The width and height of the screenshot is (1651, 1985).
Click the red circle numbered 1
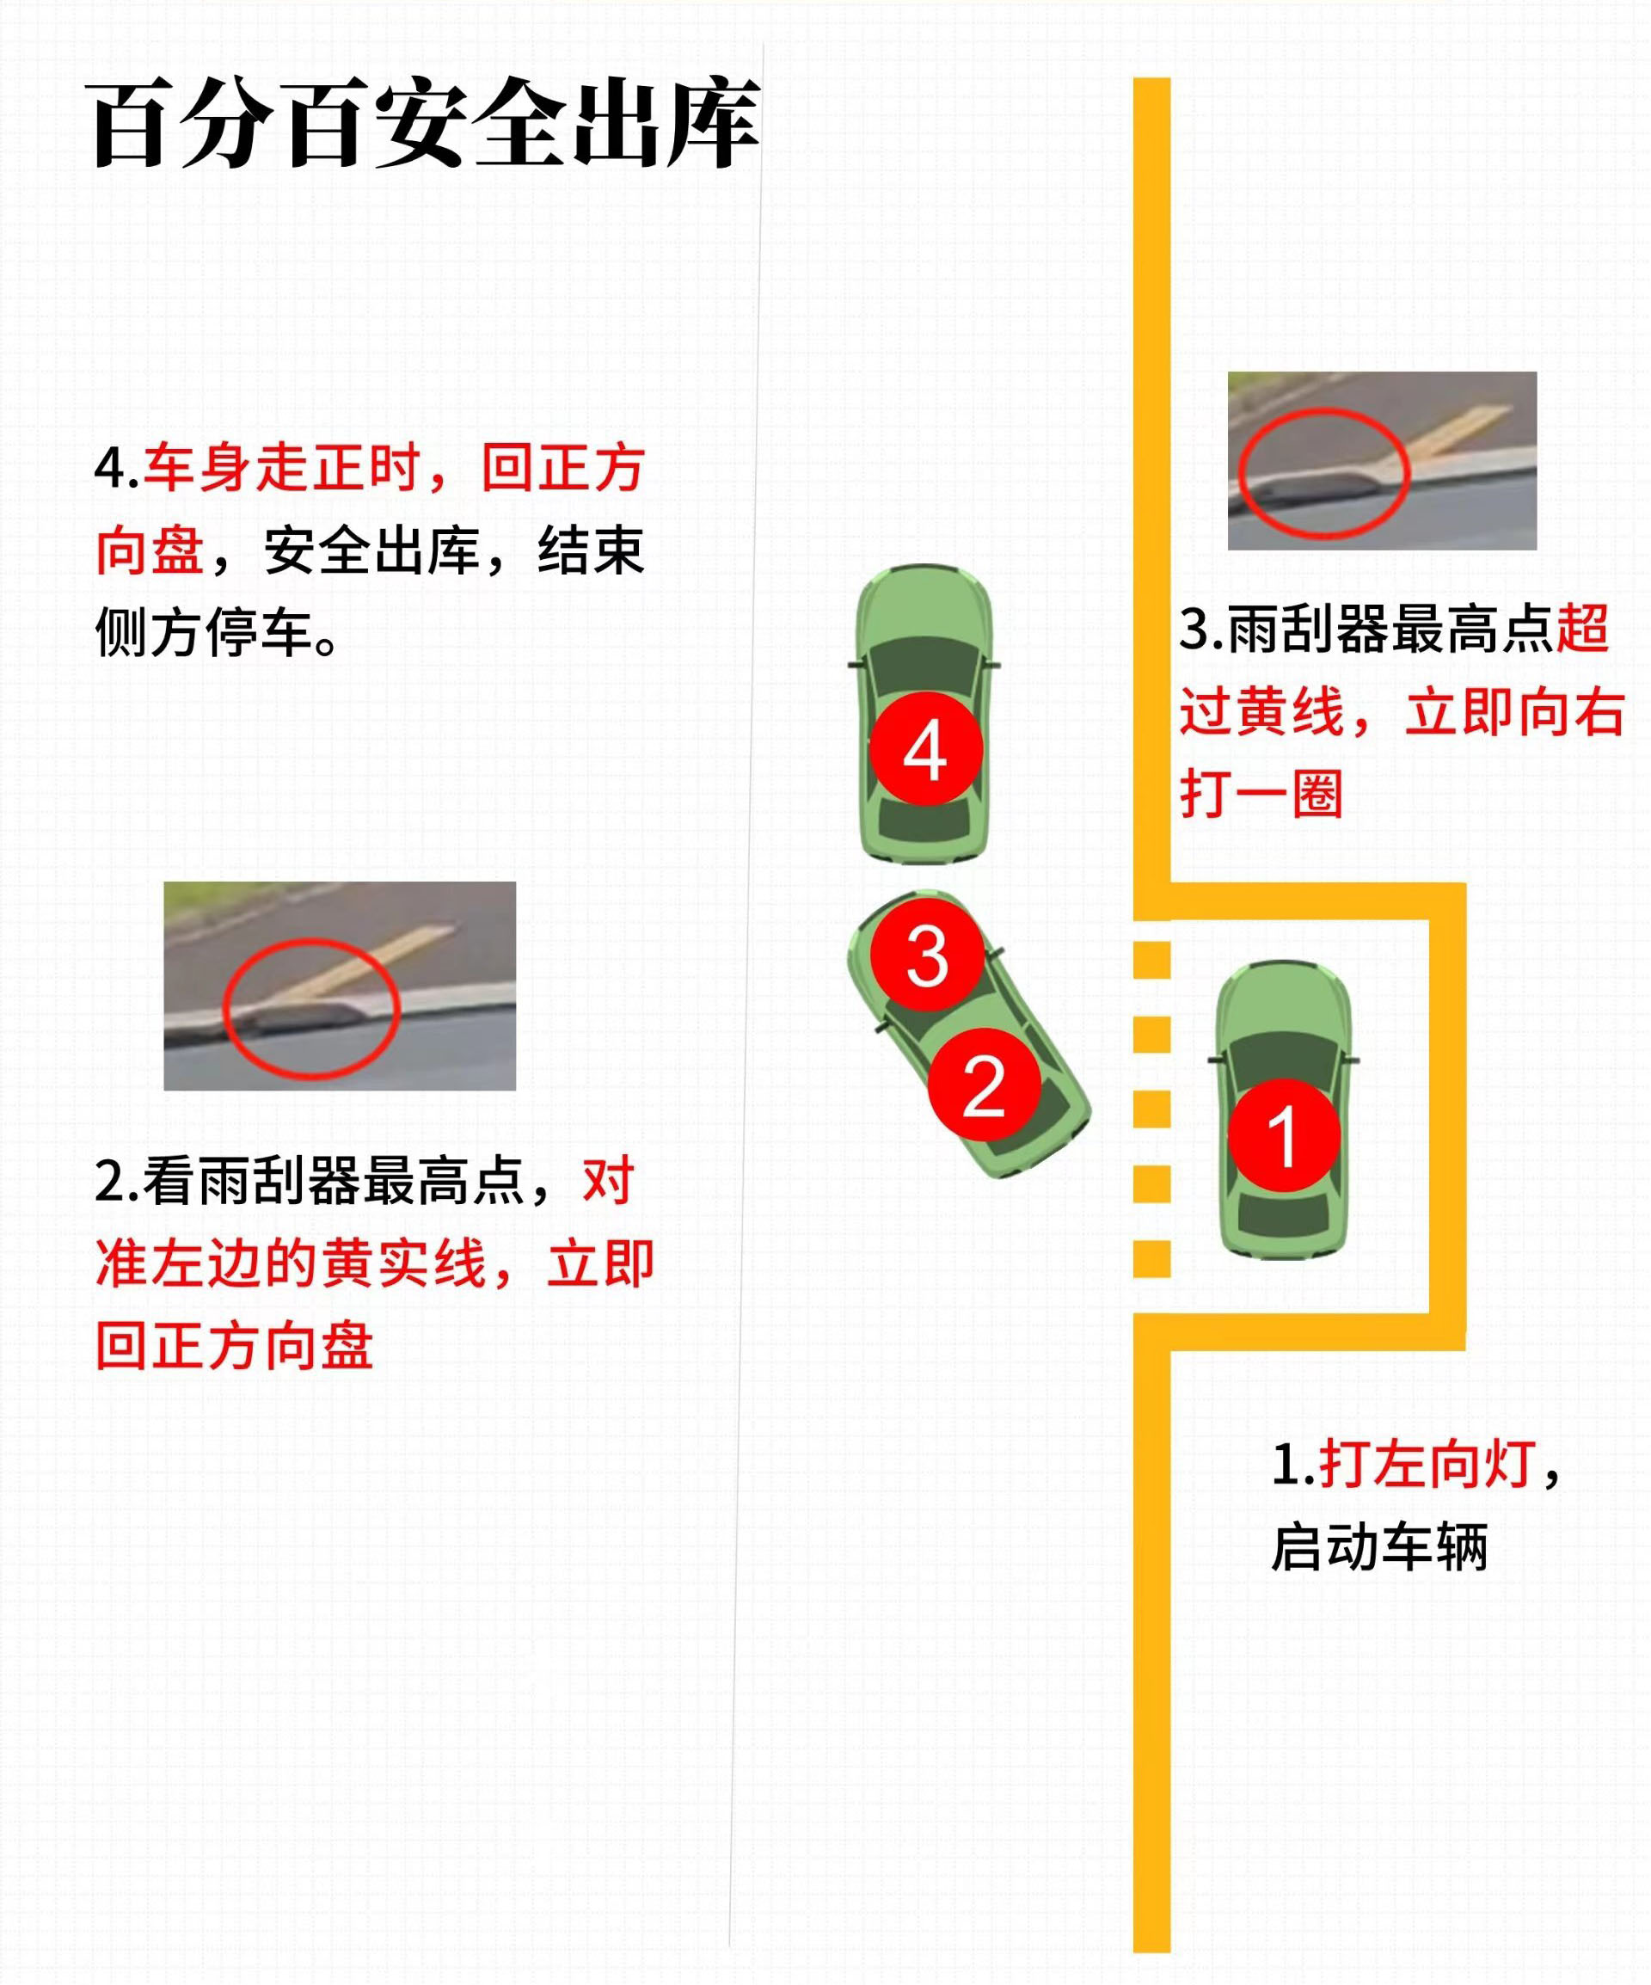click(x=1283, y=1135)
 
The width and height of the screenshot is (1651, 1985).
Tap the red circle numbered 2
click(x=983, y=1085)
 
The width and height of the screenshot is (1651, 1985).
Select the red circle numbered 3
click(x=926, y=956)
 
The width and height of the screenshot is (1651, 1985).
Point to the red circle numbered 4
click(x=925, y=750)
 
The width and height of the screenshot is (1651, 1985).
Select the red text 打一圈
click(x=1261, y=792)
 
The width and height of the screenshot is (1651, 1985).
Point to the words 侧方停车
click(x=204, y=631)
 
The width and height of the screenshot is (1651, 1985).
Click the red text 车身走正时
click(x=282, y=467)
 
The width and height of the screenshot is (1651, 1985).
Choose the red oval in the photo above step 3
click(x=1324, y=474)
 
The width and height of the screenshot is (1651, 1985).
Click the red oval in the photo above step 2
click(x=312, y=1008)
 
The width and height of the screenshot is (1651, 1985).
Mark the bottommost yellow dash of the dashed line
click(x=1151, y=1258)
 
